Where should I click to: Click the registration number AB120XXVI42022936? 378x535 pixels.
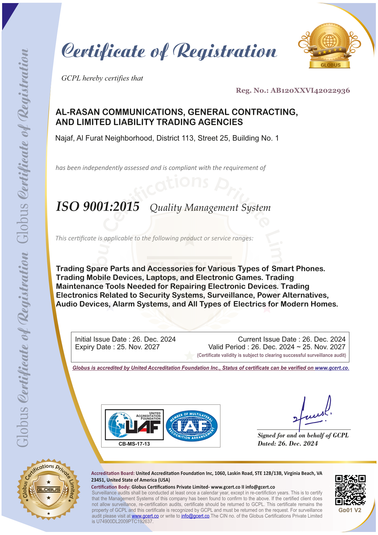coord(310,91)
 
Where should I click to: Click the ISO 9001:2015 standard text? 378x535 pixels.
coord(98,207)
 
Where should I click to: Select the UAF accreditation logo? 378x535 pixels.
coord(134,425)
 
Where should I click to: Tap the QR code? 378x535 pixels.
coord(350,490)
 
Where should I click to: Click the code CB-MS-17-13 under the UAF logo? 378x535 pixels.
coord(134,444)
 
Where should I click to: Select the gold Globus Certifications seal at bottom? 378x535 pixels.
coord(49,489)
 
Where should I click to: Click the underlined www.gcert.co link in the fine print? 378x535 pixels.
coord(145,516)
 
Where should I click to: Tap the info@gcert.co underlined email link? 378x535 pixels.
coord(195,516)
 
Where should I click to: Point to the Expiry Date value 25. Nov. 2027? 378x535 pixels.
coord(138,347)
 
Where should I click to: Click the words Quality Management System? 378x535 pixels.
coord(210,208)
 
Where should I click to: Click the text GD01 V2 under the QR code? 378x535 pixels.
coord(350,510)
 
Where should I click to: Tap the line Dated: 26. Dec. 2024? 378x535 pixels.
coord(288,443)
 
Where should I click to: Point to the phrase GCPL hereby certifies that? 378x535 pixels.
coord(102,78)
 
